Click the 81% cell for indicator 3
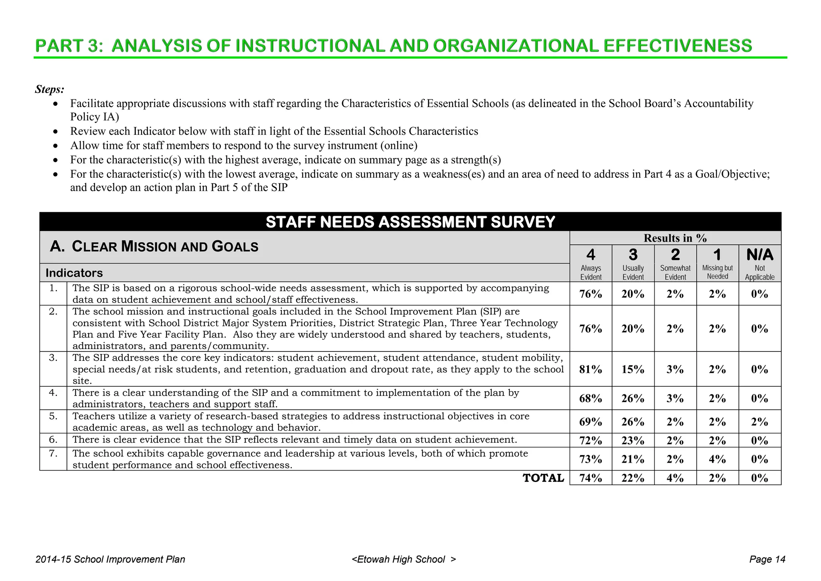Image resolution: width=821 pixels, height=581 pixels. pos(590,369)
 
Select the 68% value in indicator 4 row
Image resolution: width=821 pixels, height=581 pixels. pos(590,398)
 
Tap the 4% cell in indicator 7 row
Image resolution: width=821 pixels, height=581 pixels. pos(717,459)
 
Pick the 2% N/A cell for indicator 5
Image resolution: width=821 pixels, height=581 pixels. pos(759,422)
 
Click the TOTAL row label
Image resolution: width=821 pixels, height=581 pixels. pos(543,478)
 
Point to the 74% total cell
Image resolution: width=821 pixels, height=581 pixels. pos(590,478)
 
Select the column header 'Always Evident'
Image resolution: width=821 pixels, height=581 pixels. pos(590,272)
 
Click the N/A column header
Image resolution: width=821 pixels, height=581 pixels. pos(759,255)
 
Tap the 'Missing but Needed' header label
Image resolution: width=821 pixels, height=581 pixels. pos(717,272)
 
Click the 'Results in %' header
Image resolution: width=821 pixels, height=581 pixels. pos(675,238)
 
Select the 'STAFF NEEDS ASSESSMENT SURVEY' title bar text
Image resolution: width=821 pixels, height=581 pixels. pos(410,222)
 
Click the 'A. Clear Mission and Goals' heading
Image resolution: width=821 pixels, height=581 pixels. pos(154,246)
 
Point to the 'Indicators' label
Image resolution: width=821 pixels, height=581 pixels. pos(74,273)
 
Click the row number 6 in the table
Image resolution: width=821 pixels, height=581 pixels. pos(53,440)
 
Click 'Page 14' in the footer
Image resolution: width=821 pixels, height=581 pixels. pos(767,559)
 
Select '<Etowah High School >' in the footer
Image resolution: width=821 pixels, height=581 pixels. pos(404,559)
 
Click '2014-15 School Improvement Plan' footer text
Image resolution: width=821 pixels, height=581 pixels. pos(110,559)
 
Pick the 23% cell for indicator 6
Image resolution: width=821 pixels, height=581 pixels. pos(633,441)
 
